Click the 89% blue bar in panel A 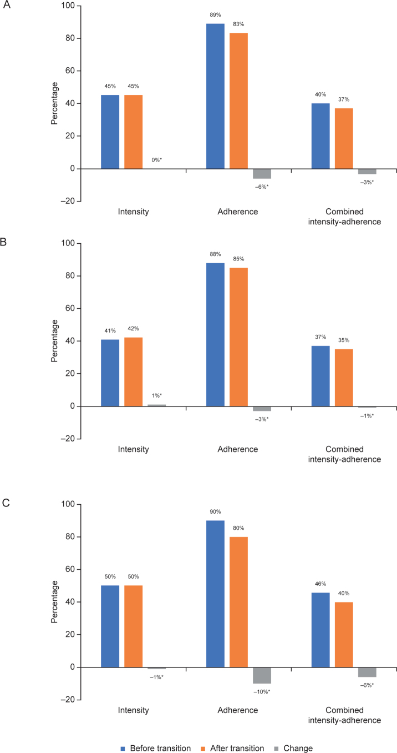pos(215,96)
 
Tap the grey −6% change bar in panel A pos(262,173)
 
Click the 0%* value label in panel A pos(156,160)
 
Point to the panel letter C pos(4,503)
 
